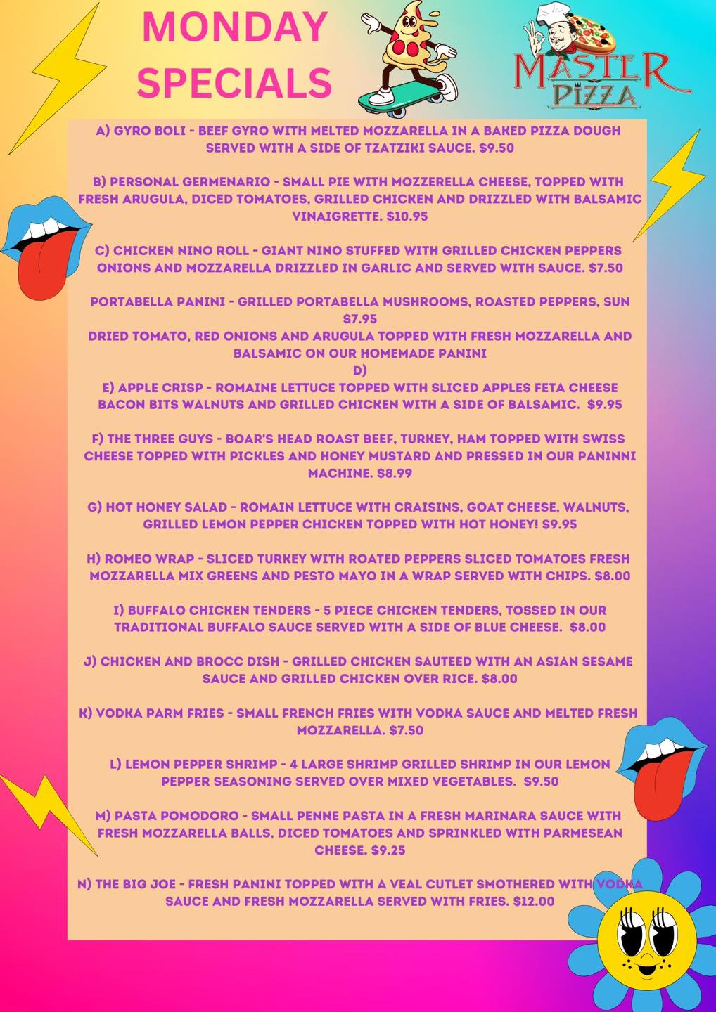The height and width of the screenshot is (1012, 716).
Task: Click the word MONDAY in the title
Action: point(235,27)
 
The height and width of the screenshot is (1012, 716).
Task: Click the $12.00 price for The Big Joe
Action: point(534,901)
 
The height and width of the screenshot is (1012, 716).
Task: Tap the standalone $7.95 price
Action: point(360,319)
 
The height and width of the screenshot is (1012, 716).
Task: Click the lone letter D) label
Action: point(360,370)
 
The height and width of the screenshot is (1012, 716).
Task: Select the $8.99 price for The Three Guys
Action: point(395,474)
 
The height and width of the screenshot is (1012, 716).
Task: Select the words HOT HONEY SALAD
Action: point(167,507)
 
